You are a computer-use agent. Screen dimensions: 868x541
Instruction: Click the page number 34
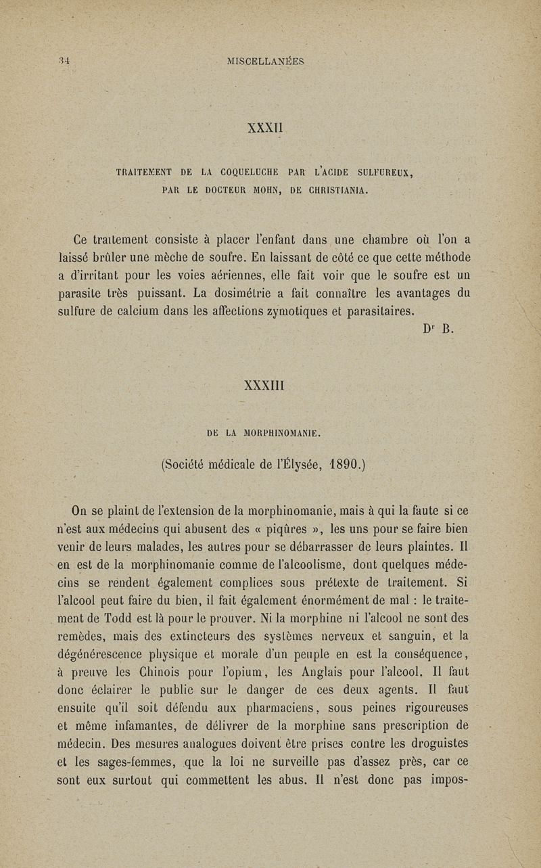[64, 61]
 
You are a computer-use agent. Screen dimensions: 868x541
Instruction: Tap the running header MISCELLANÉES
[266, 61]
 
